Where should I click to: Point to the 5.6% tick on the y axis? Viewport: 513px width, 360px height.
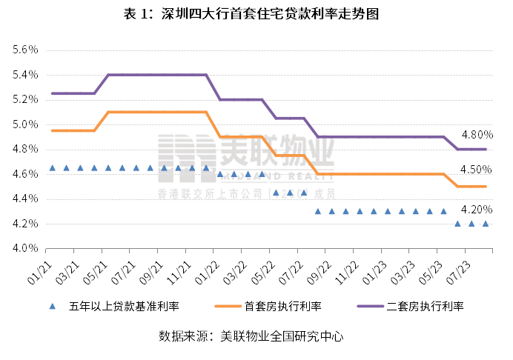(x=24, y=50)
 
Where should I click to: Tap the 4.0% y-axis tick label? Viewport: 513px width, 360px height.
(x=24, y=249)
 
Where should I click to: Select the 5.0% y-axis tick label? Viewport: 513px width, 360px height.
(x=24, y=124)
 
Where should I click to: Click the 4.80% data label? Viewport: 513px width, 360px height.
(x=477, y=135)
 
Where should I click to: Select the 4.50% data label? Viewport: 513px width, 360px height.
(x=477, y=170)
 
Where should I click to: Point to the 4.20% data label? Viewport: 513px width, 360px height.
(x=477, y=208)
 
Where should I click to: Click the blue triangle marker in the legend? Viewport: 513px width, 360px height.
(x=52, y=306)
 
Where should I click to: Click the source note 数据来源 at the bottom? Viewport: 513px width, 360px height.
(x=251, y=336)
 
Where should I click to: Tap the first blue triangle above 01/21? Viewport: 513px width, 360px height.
(x=52, y=168)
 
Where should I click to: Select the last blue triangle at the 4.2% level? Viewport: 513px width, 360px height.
(x=486, y=224)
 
